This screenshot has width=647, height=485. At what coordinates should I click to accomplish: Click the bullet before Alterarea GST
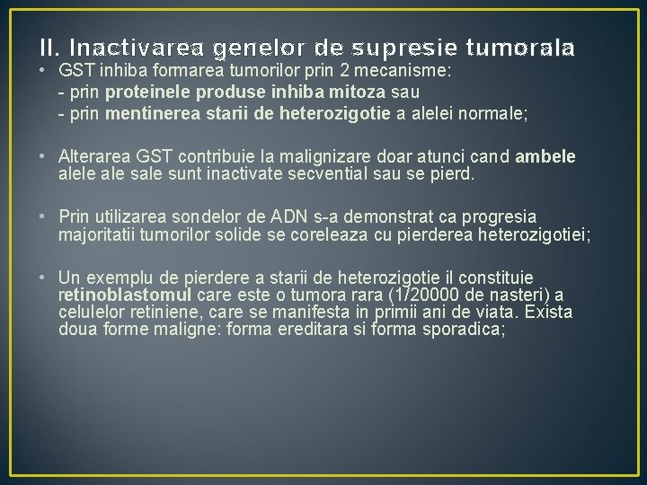pyautogui.click(x=44, y=157)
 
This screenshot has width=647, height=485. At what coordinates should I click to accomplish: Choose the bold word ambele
pyautogui.click(x=544, y=157)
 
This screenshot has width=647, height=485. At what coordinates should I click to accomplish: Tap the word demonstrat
pyautogui.click(x=362, y=216)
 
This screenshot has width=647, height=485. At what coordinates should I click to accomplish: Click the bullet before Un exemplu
pyautogui.click(x=44, y=278)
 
